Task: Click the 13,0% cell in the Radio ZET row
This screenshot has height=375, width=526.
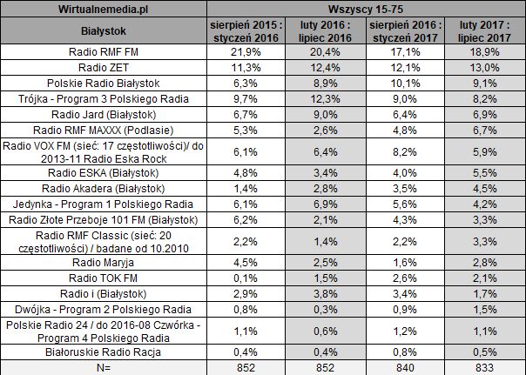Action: click(x=486, y=67)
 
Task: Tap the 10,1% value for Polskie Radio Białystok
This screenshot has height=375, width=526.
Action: click(x=406, y=83)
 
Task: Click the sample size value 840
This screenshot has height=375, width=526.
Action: click(x=406, y=368)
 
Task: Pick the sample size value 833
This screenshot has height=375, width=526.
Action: click(x=486, y=368)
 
